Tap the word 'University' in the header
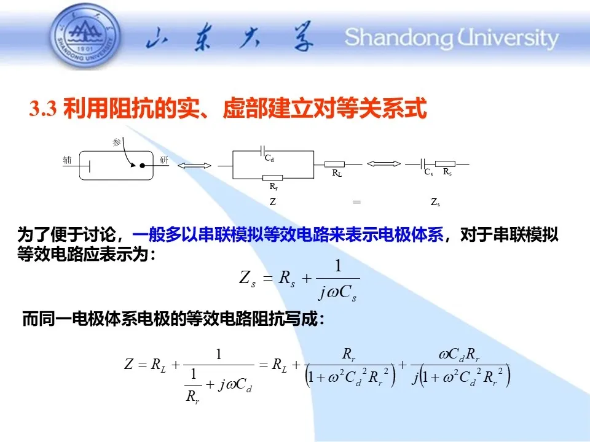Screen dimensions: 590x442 (508, 38)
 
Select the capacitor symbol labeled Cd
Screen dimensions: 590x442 (262, 151)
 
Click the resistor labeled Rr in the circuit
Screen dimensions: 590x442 (272, 178)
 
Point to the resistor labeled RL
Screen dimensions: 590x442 (334, 165)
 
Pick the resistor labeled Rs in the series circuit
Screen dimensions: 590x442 (445, 164)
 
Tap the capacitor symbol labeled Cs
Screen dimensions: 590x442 (423, 164)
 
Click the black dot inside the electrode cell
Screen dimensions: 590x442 (142, 165)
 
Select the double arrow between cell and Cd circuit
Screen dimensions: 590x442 (195, 165)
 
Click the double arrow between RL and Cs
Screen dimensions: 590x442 (383, 163)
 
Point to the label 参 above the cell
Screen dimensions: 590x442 (117, 142)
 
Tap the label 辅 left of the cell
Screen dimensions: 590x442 (67, 160)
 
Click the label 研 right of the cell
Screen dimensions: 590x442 (163, 160)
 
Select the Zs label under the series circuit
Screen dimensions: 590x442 (435, 203)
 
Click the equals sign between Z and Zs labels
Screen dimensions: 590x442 (356, 202)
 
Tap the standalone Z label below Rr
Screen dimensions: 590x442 (273, 202)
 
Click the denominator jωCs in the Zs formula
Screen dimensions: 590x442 (338, 292)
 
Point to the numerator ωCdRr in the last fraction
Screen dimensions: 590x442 (459, 354)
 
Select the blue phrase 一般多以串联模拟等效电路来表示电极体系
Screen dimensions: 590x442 (288, 235)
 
